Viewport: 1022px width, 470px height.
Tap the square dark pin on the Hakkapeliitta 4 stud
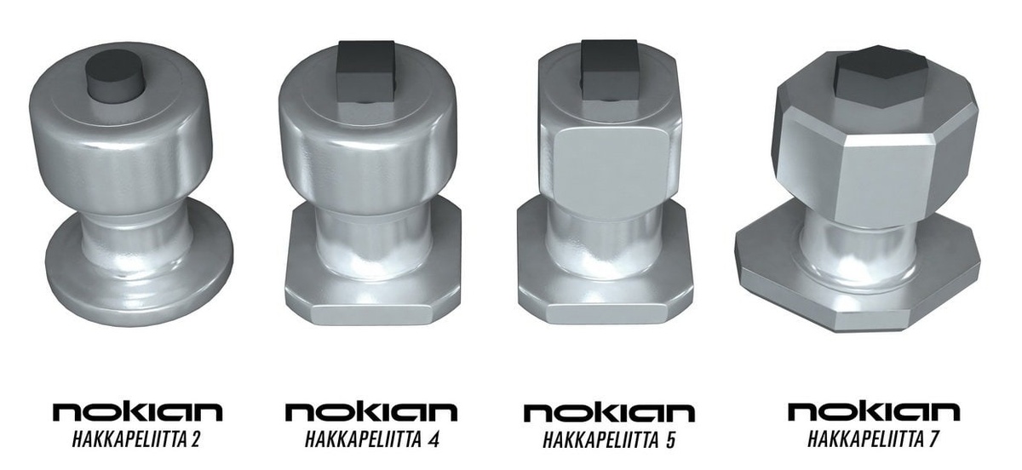click(366, 73)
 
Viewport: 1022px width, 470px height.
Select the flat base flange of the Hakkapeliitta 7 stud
click(858, 296)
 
